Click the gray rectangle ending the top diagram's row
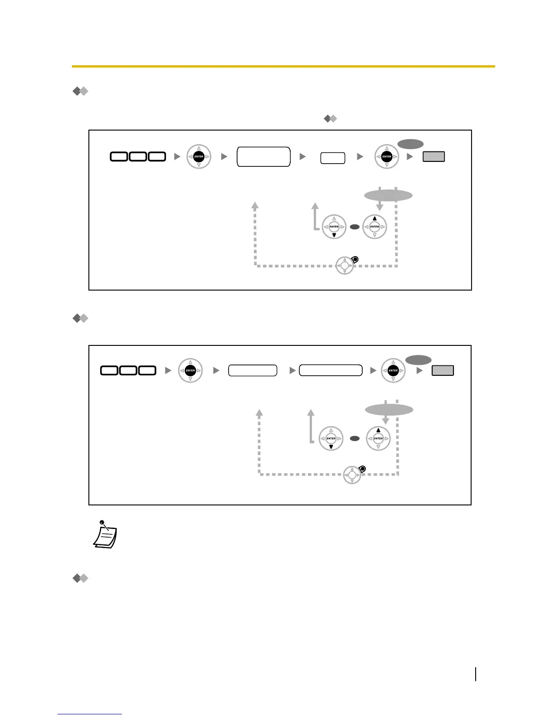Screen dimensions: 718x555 [433, 156]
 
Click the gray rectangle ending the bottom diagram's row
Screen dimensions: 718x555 [443, 370]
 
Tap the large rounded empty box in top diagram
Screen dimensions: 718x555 [263, 156]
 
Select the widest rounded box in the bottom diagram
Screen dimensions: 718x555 [331, 370]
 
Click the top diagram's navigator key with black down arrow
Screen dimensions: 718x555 [334, 227]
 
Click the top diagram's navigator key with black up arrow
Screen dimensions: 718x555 [375, 227]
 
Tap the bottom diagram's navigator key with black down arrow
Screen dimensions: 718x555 [331, 438]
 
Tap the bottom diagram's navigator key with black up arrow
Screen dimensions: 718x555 [378, 438]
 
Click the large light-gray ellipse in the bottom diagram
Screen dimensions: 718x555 [389, 410]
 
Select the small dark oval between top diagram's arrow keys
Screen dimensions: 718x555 [355, 227]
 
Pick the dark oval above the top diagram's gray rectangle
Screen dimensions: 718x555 [410, 144]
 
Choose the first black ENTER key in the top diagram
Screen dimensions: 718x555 [199, 156]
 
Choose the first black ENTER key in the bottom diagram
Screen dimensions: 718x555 [190, 370]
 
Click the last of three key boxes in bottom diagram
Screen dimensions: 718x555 [147, 370]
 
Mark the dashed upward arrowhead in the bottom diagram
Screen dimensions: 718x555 [259, 413]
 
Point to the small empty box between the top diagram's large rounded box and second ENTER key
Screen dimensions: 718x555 [333, 158]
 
